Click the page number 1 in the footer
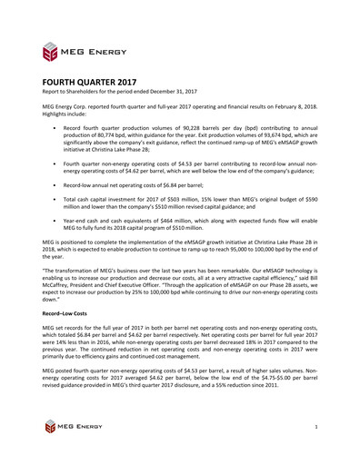pos(314,427)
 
